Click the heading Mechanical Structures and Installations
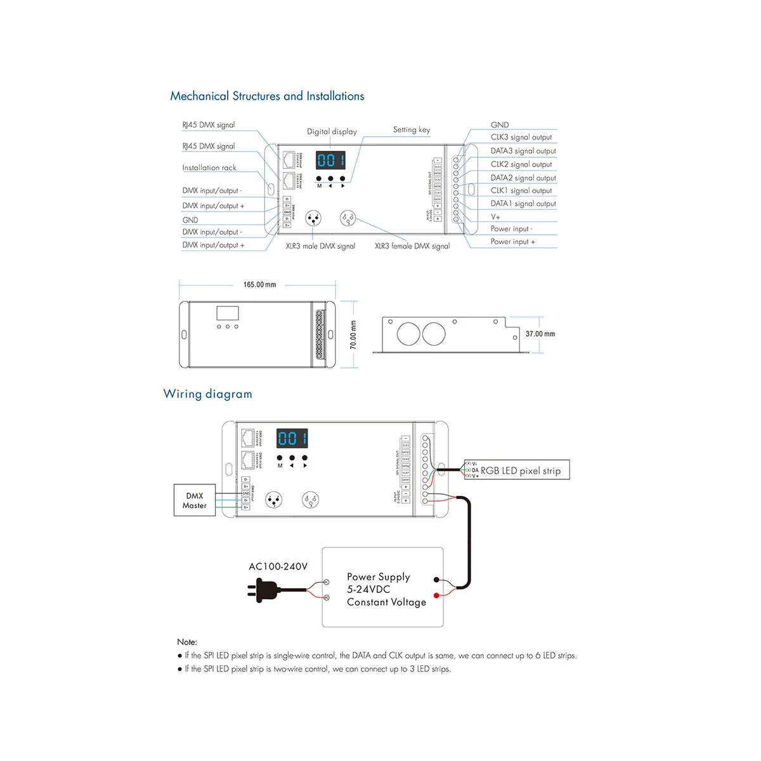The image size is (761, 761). click(267, 96)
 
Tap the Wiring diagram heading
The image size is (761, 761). click(208, 394)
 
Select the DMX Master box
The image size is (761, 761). click(195, 500)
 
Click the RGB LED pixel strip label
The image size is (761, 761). click(521, 471)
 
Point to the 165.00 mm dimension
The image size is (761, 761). click(259, 285)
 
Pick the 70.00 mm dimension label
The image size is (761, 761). click(353, 334)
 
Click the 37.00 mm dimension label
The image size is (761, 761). click(540, 334)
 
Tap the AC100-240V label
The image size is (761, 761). click(278, 566)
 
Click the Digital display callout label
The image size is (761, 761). click(332, 132)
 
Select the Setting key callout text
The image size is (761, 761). click(412, 129)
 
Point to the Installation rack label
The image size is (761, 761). click(209, 167)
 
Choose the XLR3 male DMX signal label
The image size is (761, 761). click(320, 246)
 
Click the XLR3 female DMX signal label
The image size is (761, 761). click(412, 246)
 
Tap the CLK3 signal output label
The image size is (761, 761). click(521, 137)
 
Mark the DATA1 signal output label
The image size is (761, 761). click(523, 204)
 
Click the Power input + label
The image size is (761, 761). click(512, 242)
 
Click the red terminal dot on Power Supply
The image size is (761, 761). click(437, 595)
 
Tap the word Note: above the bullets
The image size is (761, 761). click(187, 642)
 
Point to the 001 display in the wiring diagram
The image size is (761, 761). click(292, 438)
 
